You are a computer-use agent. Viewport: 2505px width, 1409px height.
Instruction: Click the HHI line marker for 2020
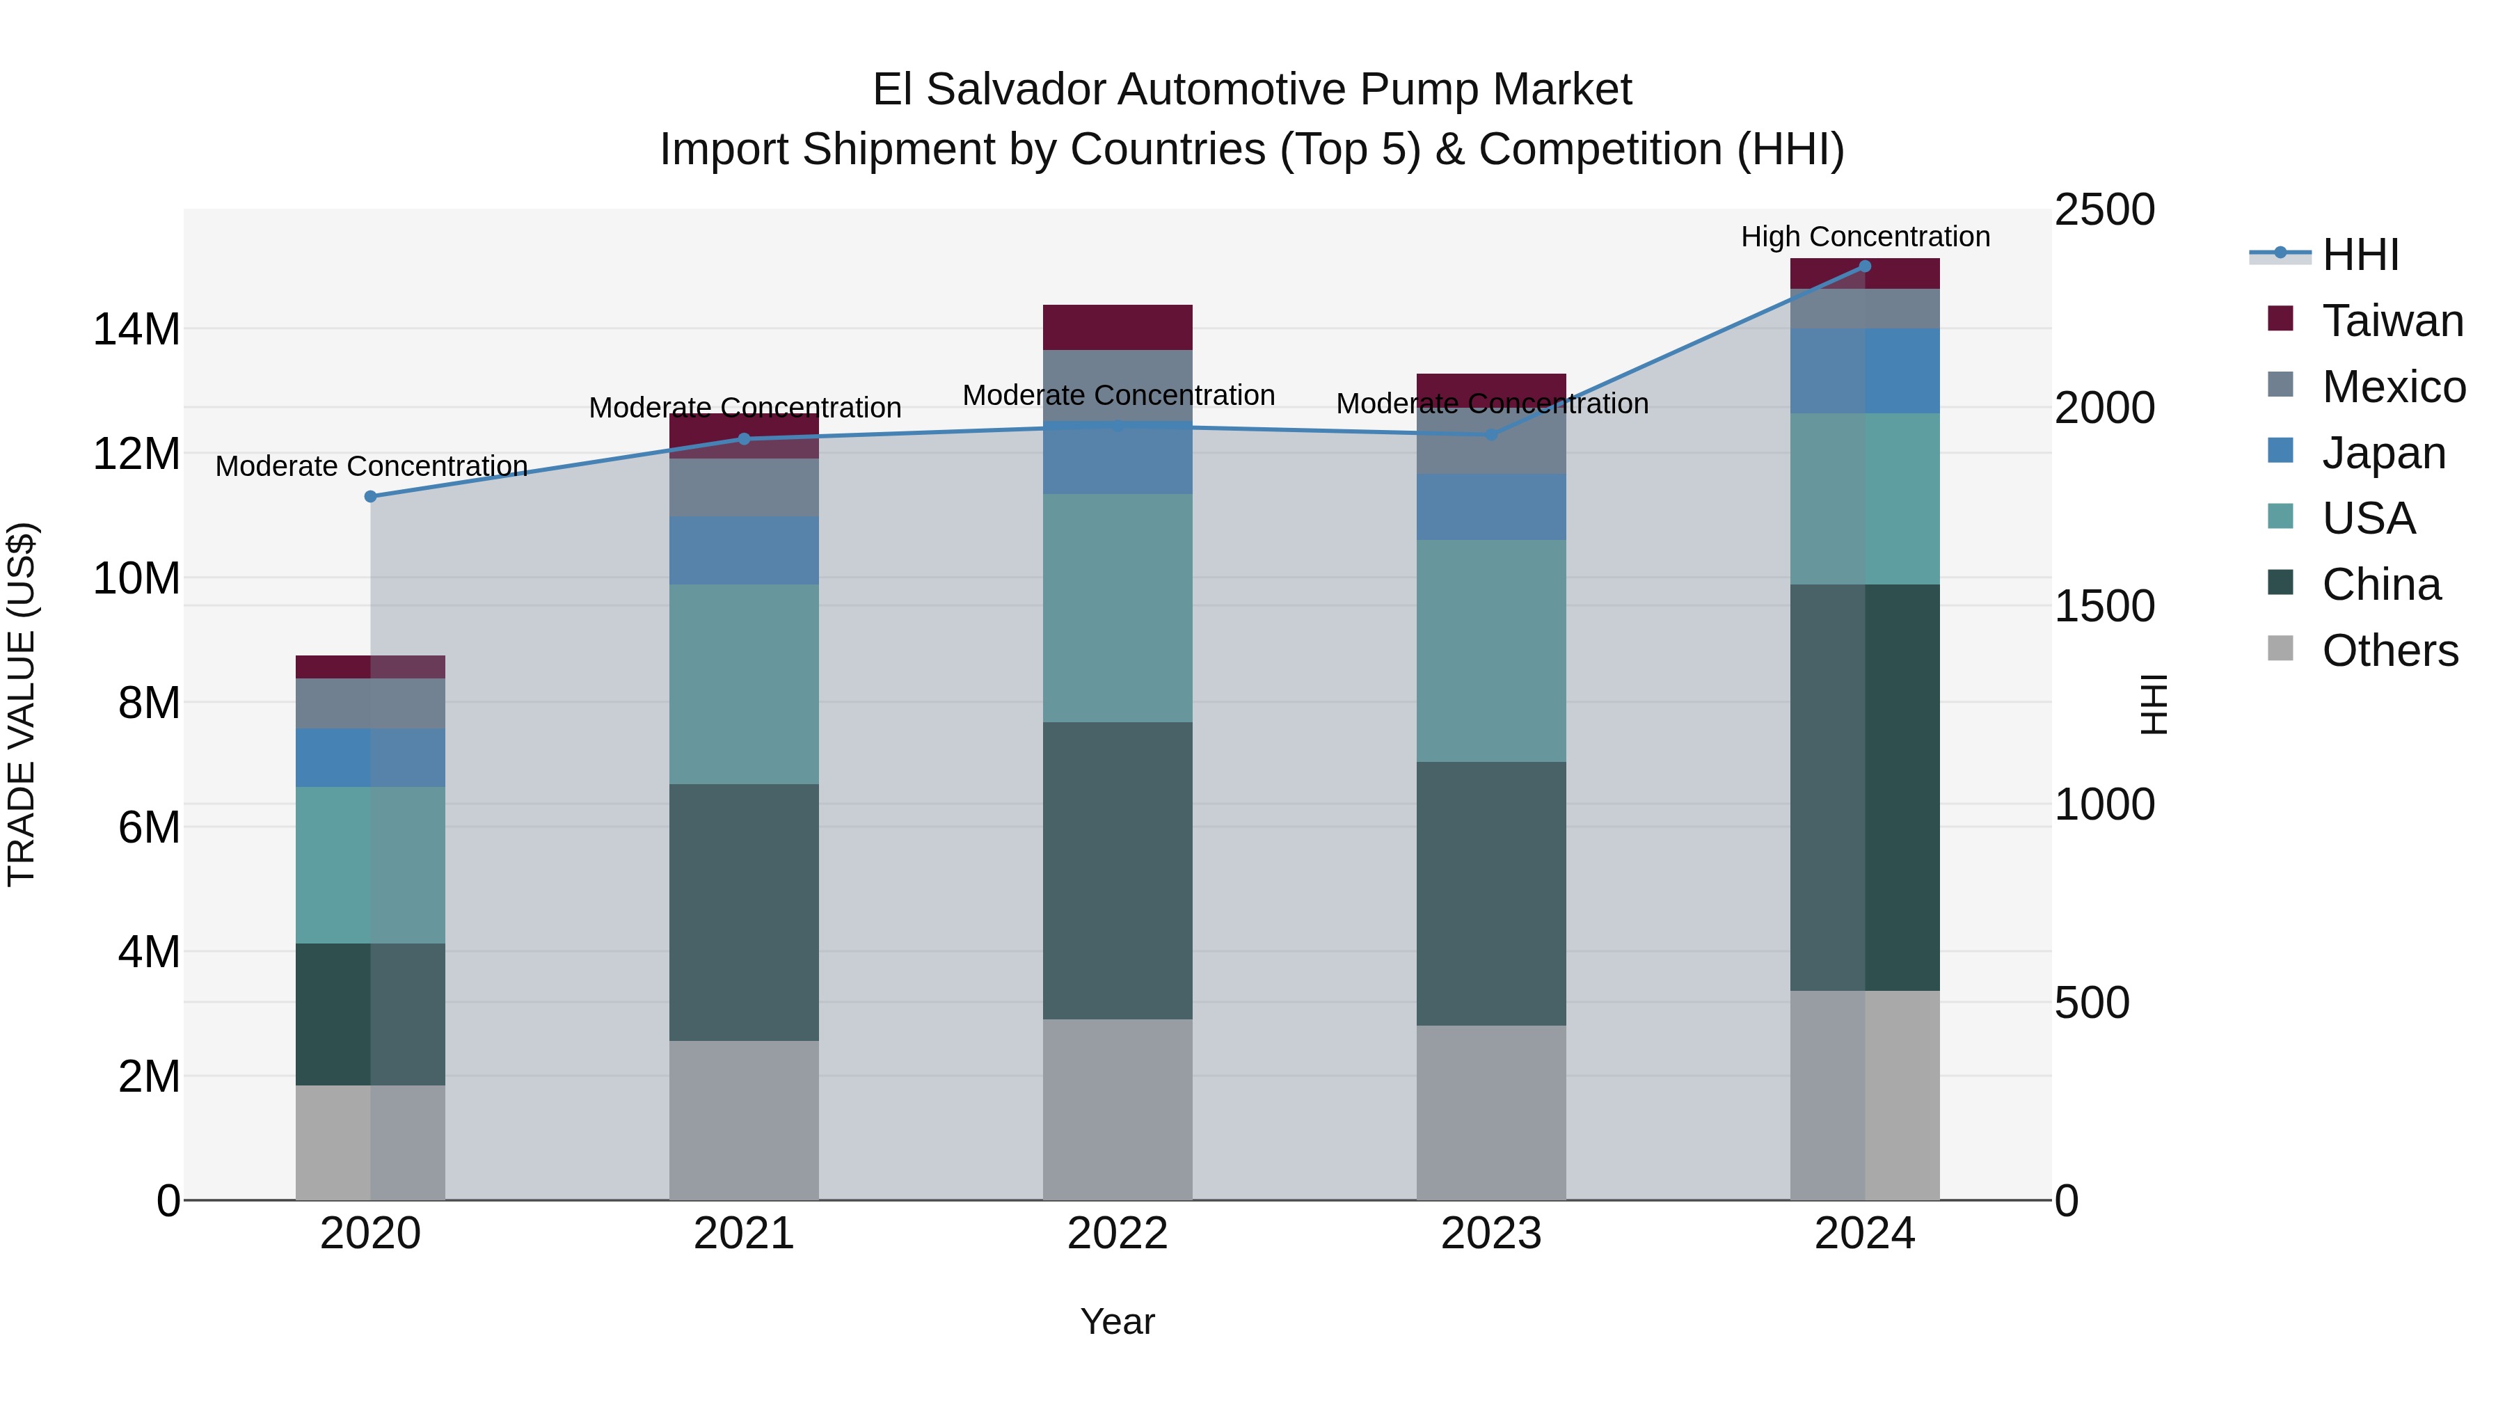370,497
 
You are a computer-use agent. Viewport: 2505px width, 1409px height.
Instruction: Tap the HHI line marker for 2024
1864,266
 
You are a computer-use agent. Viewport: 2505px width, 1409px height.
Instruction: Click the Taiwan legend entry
2392,321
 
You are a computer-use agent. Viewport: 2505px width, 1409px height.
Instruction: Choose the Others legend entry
2389,651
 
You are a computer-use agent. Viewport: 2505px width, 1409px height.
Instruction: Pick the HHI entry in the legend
2360,255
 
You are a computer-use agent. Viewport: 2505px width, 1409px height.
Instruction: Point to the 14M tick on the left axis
136,330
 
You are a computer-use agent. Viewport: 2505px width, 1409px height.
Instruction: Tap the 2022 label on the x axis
1118,1234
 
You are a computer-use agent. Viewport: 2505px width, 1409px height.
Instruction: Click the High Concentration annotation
1864,237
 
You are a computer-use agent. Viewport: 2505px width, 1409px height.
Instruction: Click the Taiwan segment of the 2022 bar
1118,328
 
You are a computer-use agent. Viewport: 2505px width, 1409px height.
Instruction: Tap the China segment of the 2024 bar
1864,788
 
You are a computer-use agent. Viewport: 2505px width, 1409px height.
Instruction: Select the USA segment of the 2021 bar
744,685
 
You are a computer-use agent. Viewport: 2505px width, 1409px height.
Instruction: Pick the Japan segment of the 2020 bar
370,758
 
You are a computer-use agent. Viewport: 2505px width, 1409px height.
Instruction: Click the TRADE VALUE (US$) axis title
22,704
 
